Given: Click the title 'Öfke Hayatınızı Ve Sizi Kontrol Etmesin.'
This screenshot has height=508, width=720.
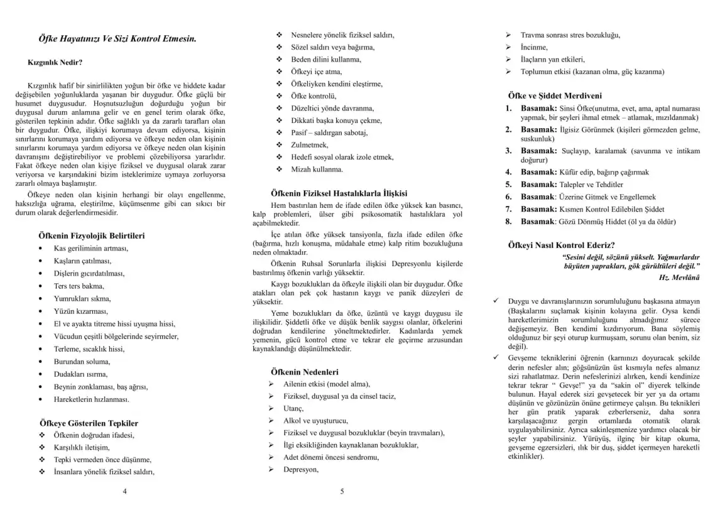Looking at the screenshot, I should [117, 39].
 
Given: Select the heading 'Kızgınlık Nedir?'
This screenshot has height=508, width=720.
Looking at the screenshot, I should [55, 63].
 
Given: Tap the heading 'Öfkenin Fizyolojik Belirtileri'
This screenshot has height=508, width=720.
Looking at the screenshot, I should [92, 235].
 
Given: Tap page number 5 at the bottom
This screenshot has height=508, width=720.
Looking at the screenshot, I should [342, 491].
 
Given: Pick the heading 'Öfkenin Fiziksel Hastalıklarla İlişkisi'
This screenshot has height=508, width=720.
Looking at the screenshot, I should [339, 193].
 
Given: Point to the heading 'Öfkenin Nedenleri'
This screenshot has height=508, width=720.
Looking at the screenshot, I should [304, 372].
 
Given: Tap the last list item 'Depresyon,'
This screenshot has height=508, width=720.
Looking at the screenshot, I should [301, 469].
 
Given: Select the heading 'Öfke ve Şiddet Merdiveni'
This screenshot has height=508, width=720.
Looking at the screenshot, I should [555, 95].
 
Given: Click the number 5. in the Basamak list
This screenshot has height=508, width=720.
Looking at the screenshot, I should [509, 185].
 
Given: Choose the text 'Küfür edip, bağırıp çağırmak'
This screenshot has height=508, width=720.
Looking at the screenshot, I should [604, 172].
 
